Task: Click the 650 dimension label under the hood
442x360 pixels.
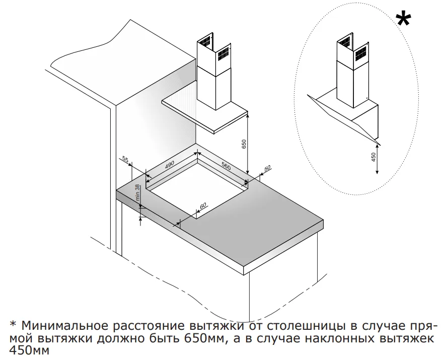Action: point(244,143)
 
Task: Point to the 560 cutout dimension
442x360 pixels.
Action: point(225,166)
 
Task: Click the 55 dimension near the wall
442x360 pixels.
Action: point(125,160)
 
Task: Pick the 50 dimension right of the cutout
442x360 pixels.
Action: point(267,168)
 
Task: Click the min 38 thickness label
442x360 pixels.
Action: point(136,193)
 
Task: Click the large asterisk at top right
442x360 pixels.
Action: point(403,21)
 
